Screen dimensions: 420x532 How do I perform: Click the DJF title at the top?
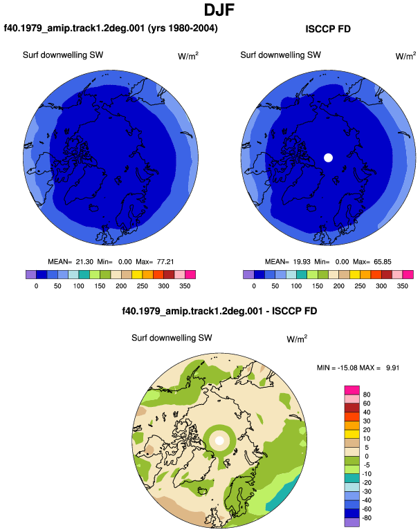(219, 10)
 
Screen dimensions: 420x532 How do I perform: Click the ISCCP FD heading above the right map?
(328, 29)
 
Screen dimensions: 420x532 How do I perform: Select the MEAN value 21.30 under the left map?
(84, 262)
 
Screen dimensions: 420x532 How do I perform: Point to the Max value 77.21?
(165, 262)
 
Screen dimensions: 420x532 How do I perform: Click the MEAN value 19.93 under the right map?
(302, 262)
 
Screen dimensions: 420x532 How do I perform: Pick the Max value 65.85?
(382, 262)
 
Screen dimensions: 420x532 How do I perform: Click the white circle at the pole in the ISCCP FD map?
(328, 158)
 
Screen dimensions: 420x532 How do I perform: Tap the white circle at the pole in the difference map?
(219, 440)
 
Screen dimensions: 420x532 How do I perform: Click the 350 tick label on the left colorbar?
(185, 286)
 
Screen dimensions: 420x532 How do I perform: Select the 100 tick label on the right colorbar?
(296, 286)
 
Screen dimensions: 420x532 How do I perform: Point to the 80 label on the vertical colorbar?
(367, 395)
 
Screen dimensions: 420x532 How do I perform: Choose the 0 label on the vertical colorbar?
(367, 456)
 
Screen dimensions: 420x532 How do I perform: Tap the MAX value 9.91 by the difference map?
(392, 368)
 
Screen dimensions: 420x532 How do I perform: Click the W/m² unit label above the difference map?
(297, 339)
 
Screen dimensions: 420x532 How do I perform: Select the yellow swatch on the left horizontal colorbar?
(137, 274)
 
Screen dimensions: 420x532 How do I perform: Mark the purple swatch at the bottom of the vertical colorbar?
(352, 522)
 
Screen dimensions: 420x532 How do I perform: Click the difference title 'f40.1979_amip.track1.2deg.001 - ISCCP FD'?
(219, 311)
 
